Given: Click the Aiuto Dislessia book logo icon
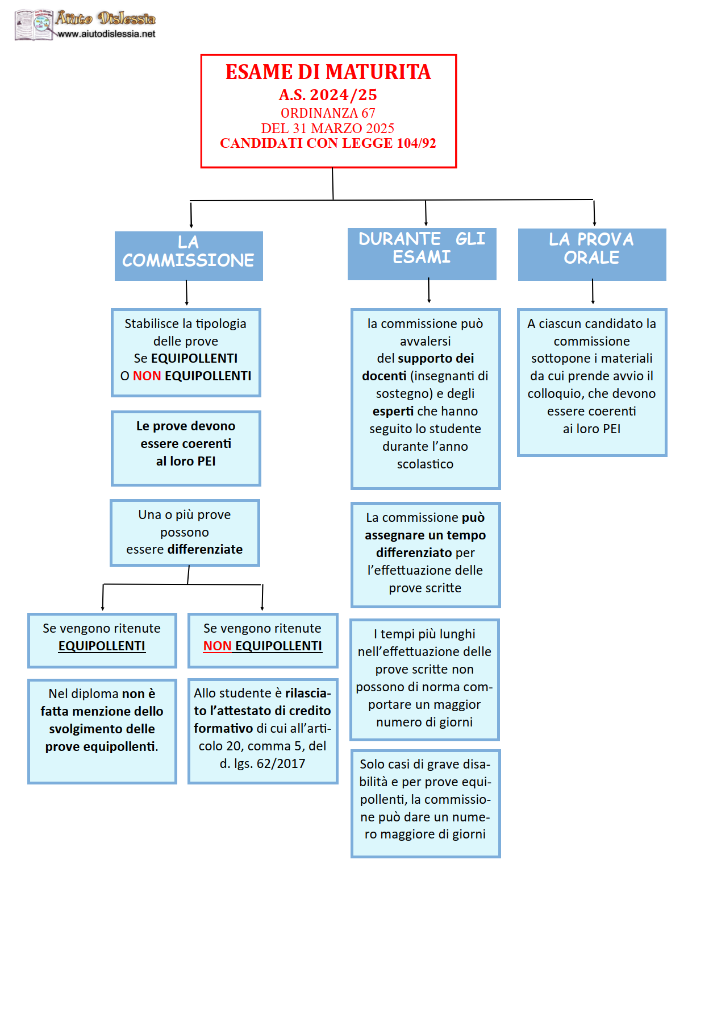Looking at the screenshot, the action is pos(34,25).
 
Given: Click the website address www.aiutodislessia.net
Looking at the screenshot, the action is pos(106,34).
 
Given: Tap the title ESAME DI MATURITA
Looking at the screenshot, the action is pos(328,72).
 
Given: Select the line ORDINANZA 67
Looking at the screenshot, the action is pos(328,113).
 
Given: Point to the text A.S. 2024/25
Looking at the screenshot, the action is pos(328,94).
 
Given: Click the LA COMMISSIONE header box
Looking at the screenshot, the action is pos(189,256).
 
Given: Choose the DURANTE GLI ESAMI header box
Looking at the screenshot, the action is pos(422,254).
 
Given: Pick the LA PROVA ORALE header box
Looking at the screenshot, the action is pos(592,254).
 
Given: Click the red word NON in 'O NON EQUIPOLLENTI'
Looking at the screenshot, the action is pos(147,376).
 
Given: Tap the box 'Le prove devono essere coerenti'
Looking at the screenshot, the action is pos(186,449).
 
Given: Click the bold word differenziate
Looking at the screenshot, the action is pos(205,549).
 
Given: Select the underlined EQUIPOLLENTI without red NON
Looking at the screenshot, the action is pos(102,646).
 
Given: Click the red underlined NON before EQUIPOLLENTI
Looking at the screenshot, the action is pos(217,646).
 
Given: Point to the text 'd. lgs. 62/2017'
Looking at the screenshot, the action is pos(262,763).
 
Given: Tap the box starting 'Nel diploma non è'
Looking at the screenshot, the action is pos(102,731).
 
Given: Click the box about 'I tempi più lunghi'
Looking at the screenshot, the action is pos(424,680).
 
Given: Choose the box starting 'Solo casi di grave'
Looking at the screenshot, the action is pos(426,804).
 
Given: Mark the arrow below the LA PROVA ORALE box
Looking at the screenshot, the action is pos(593,291).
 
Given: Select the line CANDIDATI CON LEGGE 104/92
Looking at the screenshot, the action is pos(328,143).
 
